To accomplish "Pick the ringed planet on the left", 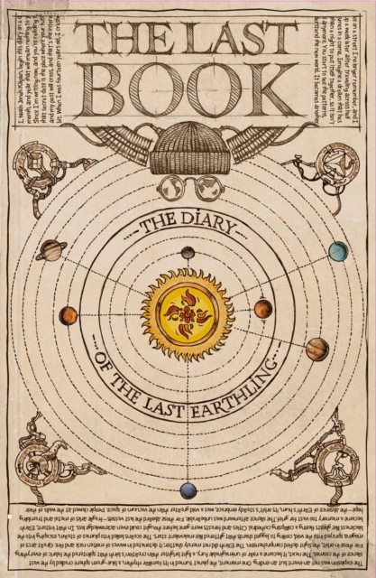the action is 51,250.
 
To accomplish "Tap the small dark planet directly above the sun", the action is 188,254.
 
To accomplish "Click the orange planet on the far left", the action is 68,315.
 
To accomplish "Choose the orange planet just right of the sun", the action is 262,310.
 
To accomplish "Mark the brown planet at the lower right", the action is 317,349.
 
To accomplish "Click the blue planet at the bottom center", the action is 188,491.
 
